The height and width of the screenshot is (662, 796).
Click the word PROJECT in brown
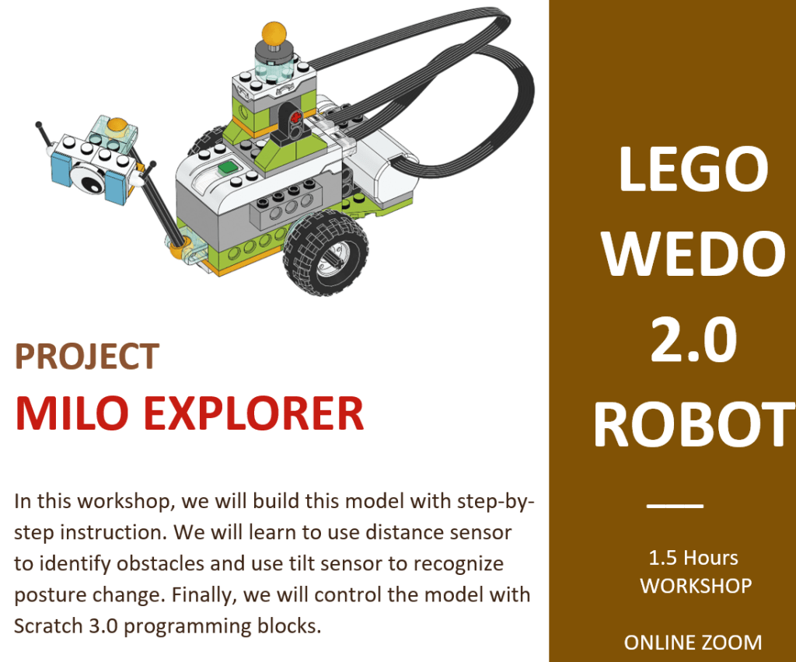pos(87,357)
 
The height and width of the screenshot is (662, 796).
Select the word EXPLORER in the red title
pos(254,413)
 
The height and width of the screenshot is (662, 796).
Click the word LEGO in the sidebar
pos(693,169)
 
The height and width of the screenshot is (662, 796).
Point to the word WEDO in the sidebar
pos(693,253)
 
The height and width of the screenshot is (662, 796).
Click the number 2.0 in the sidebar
pos(693,339)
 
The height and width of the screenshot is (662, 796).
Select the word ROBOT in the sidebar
pos(694,424)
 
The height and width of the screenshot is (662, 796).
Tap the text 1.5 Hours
pos(693,558)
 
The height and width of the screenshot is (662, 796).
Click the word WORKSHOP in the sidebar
pos(696,587)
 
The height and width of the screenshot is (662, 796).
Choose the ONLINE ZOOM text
pos(693,643)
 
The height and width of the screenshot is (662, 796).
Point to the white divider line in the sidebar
pos(675,505)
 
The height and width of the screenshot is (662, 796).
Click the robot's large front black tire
pos(326,253)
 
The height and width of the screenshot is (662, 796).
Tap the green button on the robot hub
pos(228,168)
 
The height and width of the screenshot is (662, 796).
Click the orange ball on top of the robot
pos(274,33)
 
